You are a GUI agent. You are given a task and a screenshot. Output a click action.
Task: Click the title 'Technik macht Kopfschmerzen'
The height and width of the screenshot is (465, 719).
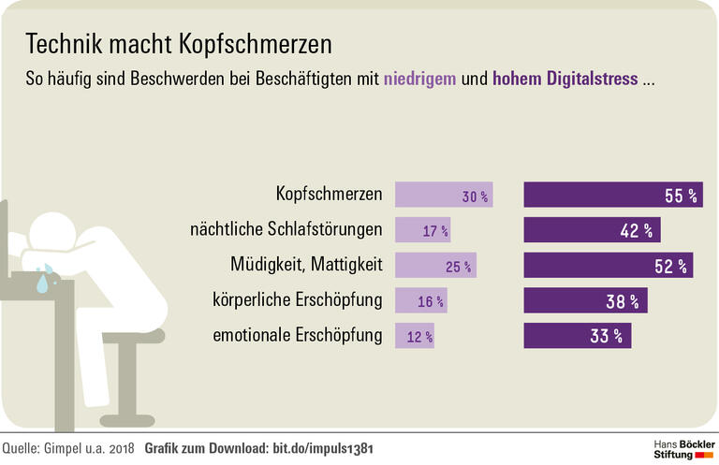(178, 44)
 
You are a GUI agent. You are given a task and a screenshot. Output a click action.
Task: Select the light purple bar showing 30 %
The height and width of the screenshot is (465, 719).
(444, 195)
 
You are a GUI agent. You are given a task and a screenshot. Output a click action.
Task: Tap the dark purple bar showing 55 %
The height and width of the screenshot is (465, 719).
(613, 195)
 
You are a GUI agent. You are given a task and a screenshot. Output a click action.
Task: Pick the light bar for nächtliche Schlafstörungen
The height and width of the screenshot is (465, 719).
(423, 230)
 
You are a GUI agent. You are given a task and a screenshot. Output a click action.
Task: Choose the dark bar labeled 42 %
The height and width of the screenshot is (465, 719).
(592, 230)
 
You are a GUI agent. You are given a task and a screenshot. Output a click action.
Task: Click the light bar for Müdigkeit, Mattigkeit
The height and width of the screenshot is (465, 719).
(436, 266)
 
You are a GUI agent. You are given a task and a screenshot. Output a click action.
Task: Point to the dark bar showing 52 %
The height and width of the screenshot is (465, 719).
(609, 266)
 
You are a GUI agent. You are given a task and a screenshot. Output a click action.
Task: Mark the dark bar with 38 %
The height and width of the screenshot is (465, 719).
(585, 300)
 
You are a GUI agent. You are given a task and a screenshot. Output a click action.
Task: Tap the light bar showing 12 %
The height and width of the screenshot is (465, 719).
(415, 336)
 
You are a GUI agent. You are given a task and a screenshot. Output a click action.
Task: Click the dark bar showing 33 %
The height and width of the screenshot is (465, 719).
(577, 336)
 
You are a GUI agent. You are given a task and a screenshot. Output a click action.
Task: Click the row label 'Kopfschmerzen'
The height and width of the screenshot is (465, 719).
(329, 195)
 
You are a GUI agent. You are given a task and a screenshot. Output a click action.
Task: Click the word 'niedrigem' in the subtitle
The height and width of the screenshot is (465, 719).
(420, 79)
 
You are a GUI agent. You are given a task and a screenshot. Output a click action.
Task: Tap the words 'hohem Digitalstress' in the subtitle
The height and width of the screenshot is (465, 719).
(565, 79)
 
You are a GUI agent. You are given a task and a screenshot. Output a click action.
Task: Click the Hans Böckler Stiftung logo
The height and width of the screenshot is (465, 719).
(683, 446)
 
